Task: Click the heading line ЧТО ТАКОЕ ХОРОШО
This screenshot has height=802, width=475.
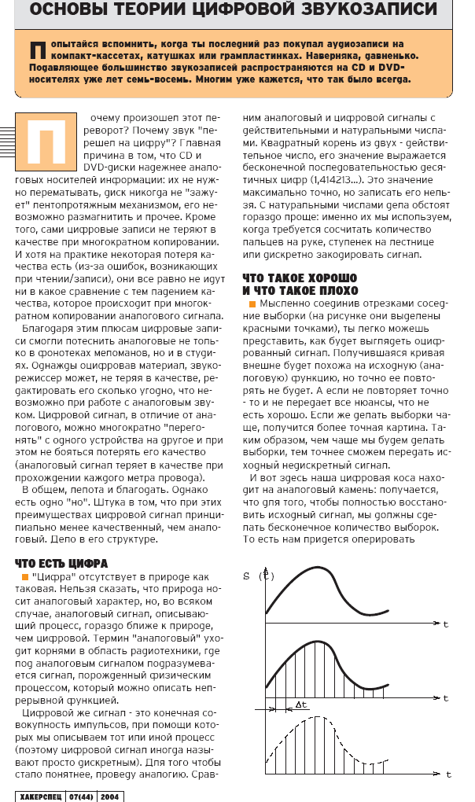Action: pos(300,278)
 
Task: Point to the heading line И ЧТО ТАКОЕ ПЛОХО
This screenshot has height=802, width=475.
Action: pos(300,290)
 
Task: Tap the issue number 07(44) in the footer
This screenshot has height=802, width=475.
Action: pos(81,795)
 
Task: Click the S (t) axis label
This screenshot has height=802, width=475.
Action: pos(257,576)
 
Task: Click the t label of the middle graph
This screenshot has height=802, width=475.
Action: pos(445,697)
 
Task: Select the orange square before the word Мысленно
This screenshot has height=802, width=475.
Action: pos(252,304)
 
